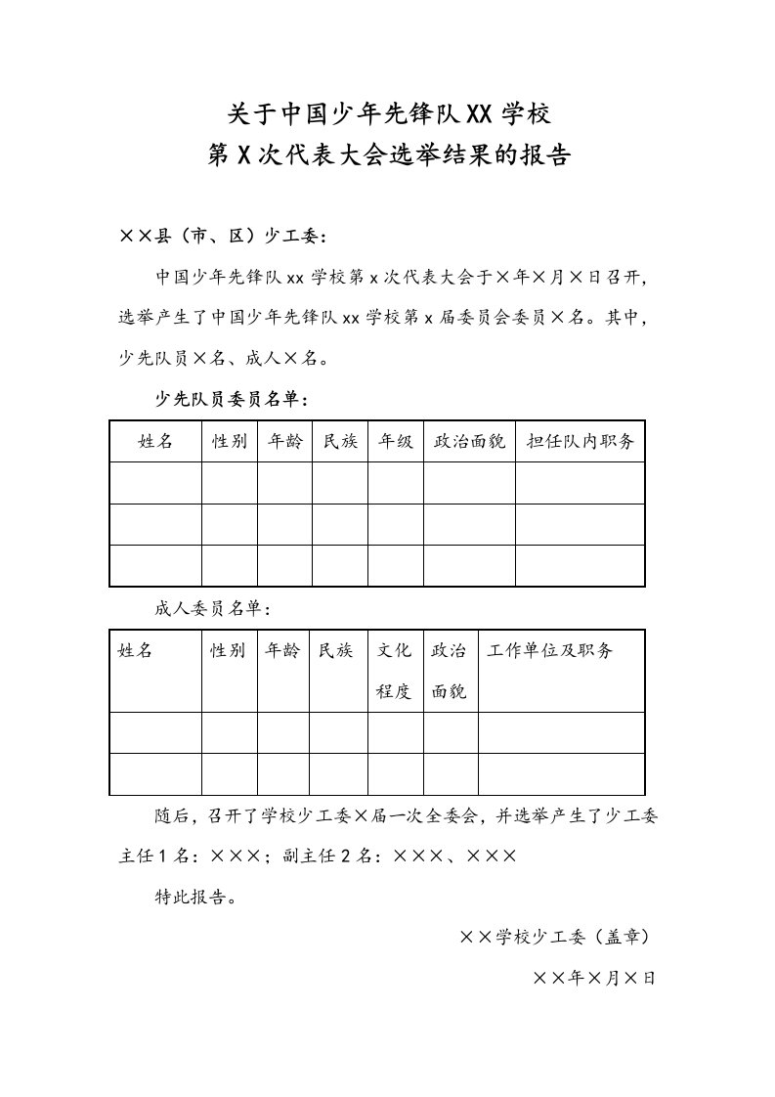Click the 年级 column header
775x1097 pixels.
[396, 441]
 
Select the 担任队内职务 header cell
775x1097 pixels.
[580, 441]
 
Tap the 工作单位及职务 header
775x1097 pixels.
[550, 650]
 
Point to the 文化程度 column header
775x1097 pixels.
[395, 671]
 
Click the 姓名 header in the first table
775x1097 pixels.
[155, 441]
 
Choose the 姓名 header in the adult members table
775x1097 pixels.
[136, 650]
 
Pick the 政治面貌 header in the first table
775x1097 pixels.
[469, 441]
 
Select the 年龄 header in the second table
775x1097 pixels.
[283, 650]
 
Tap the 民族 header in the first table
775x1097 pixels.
[340, 441]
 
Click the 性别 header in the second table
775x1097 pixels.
[229, 650]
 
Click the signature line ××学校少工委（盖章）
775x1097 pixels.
[555, 937]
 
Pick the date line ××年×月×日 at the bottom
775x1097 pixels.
[594, 977]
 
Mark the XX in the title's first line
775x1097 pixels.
[480, 114]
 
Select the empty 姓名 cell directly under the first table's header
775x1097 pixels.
[155, 483]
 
